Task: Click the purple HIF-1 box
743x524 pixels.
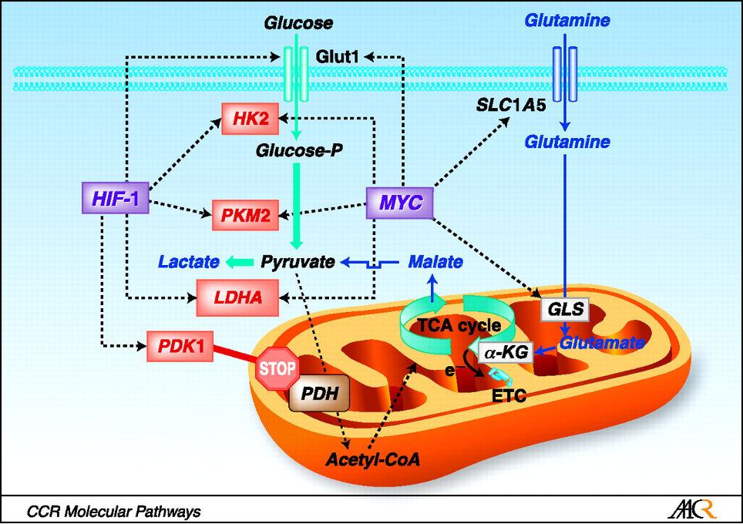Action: (x=114, y=200)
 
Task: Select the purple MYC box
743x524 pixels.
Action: (x=399, y=202)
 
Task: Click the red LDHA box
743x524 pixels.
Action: (x=237, y=296)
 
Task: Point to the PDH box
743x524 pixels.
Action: (x=319, y=394)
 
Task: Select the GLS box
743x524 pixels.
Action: (x=564, y=310)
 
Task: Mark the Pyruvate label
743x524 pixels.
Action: (x=297, y=262)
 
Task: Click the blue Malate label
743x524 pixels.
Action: (x=435, y=262)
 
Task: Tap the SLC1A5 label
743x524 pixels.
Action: (x=511, y=106)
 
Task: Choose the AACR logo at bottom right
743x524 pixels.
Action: (x=694, y=509)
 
